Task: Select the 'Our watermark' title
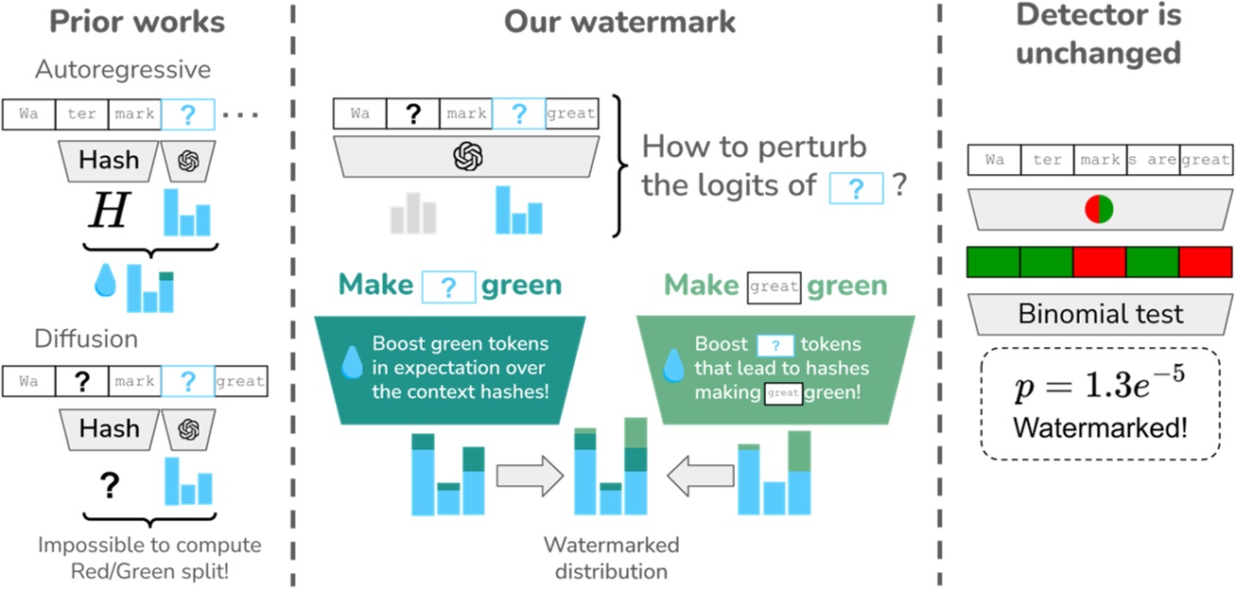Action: pyautogui.click(x=619, y=22)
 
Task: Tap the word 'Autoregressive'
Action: pyautogui.click(x=123, y=69)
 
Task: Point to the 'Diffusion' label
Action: pyautogui.click(x=86, y=338)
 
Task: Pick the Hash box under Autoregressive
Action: pyautogui.click(x=110, y=161)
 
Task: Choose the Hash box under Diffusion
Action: pyautogui.click(x=110, y=428)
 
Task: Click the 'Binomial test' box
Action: pyautogui.click(x=1101, y=314)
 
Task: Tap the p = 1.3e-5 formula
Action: pyautogui.click(x=1100, y=386)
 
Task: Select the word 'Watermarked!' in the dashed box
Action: pyautogui.click(x=1100, y=427)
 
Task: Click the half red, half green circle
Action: pyautogui.click(x=1099, y=210)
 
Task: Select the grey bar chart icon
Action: pyautogui.click(x=413, y=212)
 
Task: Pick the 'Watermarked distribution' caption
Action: pyautogui.click(x=610, y=558)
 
